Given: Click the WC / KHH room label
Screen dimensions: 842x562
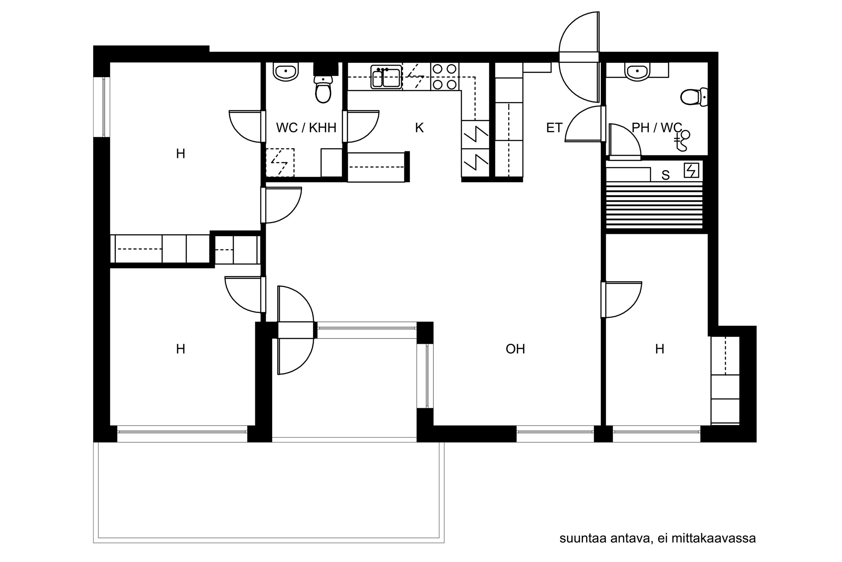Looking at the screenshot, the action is click(x=306, y=128).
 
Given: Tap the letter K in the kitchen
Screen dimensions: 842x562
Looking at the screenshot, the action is click(x=419, y=128).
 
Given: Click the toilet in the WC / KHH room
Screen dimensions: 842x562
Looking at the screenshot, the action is click(x=323, y=89).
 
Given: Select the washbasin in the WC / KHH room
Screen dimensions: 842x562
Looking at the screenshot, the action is click(x=286, y=72).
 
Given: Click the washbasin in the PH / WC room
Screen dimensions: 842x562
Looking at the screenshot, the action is click(x=637, y=72).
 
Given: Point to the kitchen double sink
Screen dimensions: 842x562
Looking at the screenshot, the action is click(x=386, y=77).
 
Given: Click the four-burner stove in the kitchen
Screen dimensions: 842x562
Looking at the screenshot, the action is click(x=445, y=76).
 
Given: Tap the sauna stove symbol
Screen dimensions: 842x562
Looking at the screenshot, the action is click(x=691, y=171).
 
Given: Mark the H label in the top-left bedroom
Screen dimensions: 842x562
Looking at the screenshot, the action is click(x=180, y=154).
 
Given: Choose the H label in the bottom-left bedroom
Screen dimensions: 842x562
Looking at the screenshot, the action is click(x=180, y=349).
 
